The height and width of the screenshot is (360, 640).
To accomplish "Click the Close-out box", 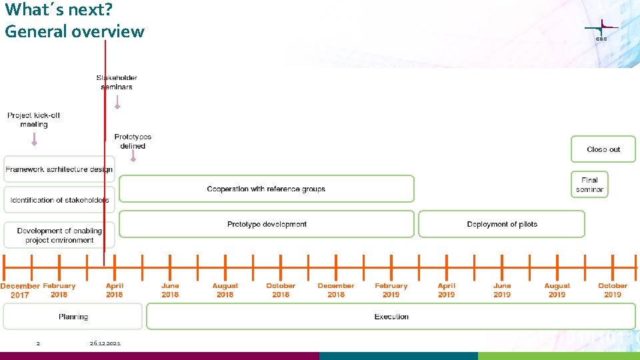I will (603, 149).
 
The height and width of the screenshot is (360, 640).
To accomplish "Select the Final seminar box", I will (589, 185).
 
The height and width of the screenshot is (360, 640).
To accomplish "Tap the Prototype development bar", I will (267, 224).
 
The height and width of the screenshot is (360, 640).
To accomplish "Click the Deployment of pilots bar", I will (501, 224).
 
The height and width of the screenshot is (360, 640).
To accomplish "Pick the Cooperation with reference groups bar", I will (266, 189).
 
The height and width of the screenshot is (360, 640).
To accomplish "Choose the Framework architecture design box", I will (59, 169).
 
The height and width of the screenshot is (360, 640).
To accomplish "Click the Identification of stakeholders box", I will (59, 200).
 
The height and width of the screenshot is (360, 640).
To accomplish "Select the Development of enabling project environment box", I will (59, 235).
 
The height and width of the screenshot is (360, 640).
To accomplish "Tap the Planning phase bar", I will (73, 317).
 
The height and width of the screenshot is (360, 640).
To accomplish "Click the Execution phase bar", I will (391, 317).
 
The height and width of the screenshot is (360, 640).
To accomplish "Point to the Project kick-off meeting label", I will (33, 119).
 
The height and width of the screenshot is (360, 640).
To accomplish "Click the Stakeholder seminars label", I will (117, 82).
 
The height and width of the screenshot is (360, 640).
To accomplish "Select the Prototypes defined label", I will (133, 141).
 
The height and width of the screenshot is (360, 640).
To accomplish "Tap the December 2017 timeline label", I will (20, 290).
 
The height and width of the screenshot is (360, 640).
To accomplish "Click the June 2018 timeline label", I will (170, 290).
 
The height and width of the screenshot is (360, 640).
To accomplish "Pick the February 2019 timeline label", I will (391, 290).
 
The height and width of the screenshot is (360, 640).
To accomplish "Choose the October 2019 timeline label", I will (613, 290).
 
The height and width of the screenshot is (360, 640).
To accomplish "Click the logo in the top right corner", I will (601, 30).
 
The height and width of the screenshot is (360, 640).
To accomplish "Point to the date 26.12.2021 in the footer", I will (105, 343).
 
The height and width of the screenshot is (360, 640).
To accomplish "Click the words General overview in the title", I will (74, 31).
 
